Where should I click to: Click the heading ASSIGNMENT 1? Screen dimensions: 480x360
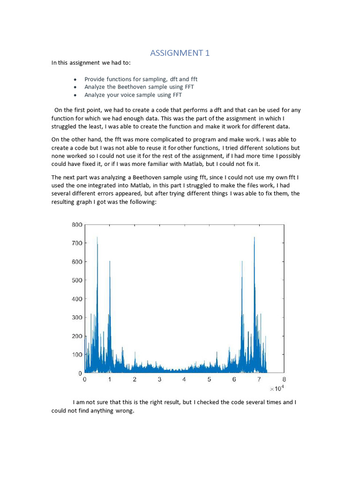point(180,53)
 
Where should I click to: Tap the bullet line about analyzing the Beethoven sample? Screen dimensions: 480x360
point(139,87)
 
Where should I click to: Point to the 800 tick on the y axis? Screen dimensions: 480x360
point(77,225)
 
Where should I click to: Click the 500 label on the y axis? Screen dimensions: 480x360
point(77,280)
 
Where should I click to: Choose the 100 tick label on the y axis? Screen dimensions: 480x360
point(77,355)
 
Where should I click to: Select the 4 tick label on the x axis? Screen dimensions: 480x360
point(184,380)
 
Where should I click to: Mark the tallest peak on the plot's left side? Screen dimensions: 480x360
point(97,238)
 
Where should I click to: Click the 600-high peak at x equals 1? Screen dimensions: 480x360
point(110,262)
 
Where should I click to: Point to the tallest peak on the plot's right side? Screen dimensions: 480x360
point(255,238)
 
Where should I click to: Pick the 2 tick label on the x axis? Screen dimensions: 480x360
point(135,380)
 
